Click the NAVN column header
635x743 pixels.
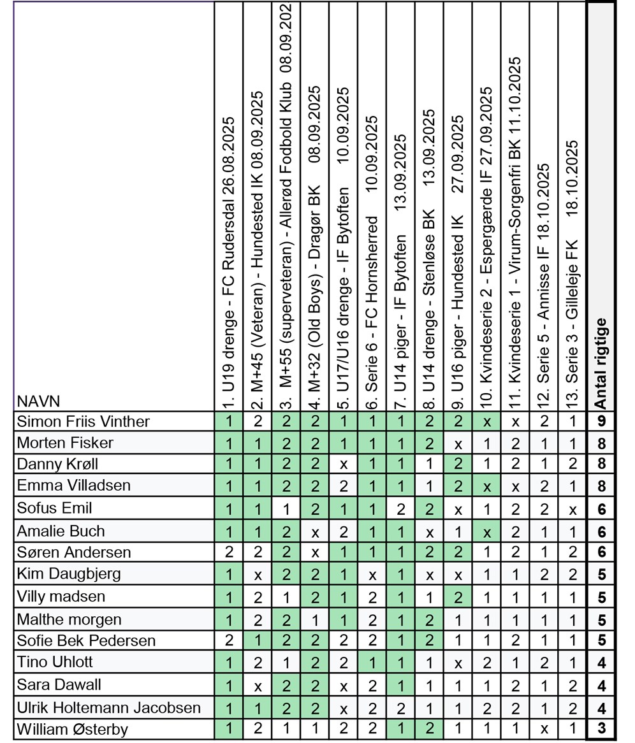38,401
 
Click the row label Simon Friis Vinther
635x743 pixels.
84,421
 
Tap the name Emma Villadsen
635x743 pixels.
73,486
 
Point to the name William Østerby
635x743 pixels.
72,729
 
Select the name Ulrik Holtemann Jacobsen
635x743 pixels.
108,707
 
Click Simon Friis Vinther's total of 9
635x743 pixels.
601,421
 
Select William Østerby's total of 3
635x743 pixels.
601,729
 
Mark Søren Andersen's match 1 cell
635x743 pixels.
229,552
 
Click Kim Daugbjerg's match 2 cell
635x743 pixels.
258,574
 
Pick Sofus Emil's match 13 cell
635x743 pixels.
572,509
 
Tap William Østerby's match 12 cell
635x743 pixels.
543,729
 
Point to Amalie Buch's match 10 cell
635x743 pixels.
486,531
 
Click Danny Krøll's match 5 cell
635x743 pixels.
344,463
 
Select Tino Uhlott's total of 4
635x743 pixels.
601,663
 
